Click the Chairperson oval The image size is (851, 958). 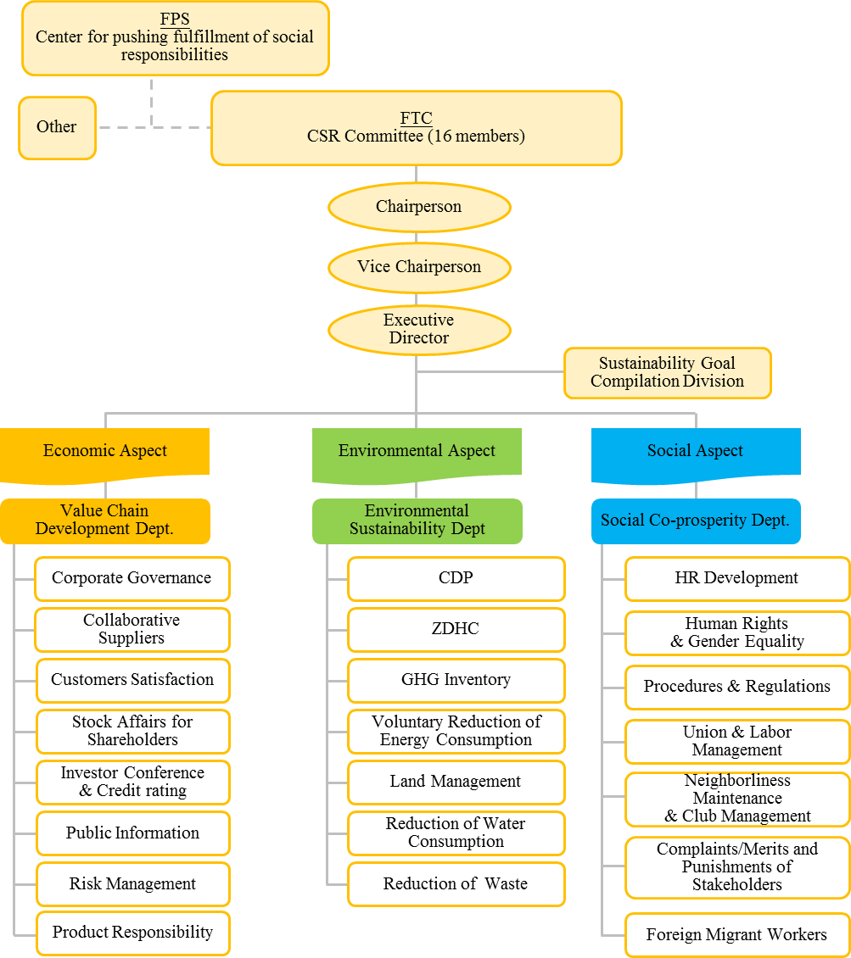point(418,207)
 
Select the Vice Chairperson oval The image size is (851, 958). point(418,267)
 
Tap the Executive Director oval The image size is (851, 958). point(418,329)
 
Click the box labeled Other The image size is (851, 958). point(57,127)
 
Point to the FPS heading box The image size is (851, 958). point(175,37)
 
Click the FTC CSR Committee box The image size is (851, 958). point(416,127)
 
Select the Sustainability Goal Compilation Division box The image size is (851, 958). point(667,372)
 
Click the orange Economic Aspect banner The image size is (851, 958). point(104,452)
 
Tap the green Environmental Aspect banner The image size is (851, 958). point(416,452)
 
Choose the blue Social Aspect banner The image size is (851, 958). point(695,452)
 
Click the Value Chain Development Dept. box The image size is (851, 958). point(104,520)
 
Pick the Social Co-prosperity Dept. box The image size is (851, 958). point(695,521)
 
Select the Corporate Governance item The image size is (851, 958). point(132,578)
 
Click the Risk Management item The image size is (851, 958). point(132,884)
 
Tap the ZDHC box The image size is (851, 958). point(456,629)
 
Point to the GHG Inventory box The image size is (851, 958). point(456,680)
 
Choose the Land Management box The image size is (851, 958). point(456,782)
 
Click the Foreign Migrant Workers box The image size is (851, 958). point(736,935)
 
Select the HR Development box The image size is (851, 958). point(736,578)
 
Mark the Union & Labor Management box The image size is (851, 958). point(736,741)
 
